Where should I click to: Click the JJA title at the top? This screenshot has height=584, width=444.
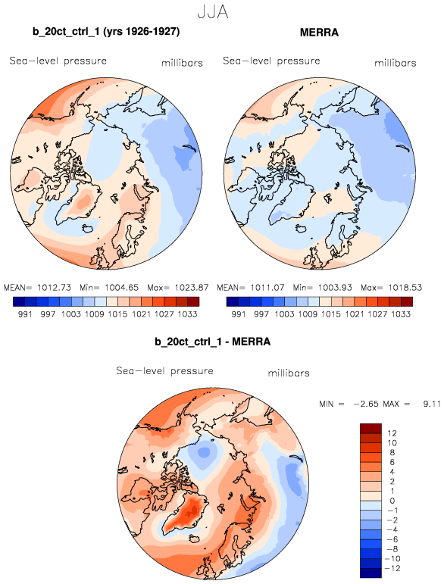pos(213,12)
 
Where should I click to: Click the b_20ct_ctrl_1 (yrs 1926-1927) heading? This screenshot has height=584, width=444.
pos(106,32)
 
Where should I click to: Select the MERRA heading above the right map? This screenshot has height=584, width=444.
pos(319,33)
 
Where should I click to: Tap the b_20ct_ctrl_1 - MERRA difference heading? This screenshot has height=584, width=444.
pos(213,342)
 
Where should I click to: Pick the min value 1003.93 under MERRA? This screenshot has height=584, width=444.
pos(335,288)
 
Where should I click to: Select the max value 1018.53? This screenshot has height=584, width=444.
pos(405,288)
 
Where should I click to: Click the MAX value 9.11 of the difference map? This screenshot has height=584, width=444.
pos(432,404)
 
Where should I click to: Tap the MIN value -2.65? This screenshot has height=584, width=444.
pos(366,404)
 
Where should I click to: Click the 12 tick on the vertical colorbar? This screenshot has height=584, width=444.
pos(392,433)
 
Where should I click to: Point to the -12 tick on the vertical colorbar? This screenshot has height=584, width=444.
pos(392,568)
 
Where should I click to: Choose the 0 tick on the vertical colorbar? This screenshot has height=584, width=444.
pos(392,501)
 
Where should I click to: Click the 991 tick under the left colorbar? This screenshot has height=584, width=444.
pos(25,314)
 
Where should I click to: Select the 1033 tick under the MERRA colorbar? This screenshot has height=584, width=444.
pos(401,314)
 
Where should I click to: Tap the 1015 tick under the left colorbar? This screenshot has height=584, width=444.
pos(117,314)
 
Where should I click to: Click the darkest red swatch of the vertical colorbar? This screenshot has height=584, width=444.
pos(371,428)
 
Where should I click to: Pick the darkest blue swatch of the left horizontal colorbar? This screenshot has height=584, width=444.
pos(19,301)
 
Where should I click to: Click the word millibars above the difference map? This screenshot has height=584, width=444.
pos(289,373)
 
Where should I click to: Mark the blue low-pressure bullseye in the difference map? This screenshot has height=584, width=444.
pos(203,452)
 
